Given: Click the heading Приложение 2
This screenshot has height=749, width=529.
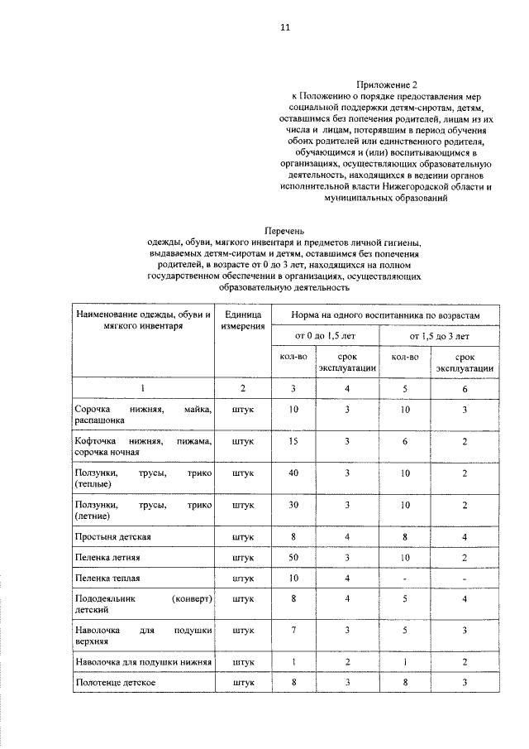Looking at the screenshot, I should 382,85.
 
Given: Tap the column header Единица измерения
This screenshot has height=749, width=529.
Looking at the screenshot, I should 243,320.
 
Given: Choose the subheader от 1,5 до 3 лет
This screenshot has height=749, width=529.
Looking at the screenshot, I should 439,336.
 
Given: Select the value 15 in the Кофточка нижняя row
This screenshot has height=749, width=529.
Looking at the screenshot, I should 293,442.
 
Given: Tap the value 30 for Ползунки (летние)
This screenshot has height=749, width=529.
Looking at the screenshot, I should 293,504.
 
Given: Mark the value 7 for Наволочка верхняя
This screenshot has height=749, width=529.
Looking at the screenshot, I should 293,631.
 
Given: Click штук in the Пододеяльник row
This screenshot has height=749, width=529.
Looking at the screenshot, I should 243,598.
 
